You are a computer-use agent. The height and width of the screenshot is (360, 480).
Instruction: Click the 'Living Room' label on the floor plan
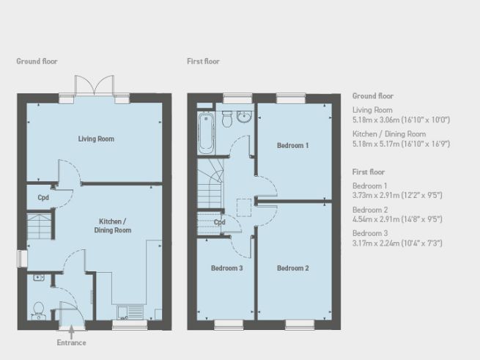(96, 139)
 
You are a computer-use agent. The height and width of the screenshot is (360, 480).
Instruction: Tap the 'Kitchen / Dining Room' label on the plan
(113, 226)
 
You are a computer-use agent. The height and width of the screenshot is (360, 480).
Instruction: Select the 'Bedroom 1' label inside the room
(292, 146)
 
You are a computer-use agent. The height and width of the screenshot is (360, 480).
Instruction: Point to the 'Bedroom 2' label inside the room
(292, 268)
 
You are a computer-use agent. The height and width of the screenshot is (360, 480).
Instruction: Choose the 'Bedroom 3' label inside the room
(226, 268)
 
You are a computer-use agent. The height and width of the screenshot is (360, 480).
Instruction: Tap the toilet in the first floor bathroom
(227, 117)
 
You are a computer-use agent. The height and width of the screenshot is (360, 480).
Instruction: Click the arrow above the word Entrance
(71, 331)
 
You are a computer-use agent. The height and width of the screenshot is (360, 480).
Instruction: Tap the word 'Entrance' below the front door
(71, 342)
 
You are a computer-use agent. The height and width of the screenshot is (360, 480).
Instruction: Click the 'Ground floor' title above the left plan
(37, 62)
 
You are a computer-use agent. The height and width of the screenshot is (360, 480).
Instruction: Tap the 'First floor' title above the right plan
(203, 62)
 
